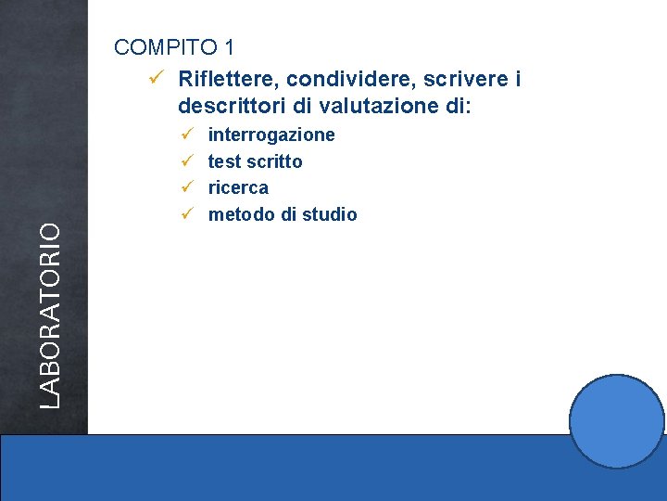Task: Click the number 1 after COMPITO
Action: click(x=229, y=47)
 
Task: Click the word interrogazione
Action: click(x=271, y=135)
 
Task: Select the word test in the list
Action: click(x=223, y=161)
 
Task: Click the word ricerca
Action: click(x=238, y=187)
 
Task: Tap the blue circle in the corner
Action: click(x=616, y=421)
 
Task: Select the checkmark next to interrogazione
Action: click(x=186, y=135)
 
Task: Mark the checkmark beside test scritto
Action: click(x=186, y=161)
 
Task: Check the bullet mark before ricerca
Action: click(x=186, y=187)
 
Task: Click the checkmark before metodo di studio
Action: click(x=186, y=214)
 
